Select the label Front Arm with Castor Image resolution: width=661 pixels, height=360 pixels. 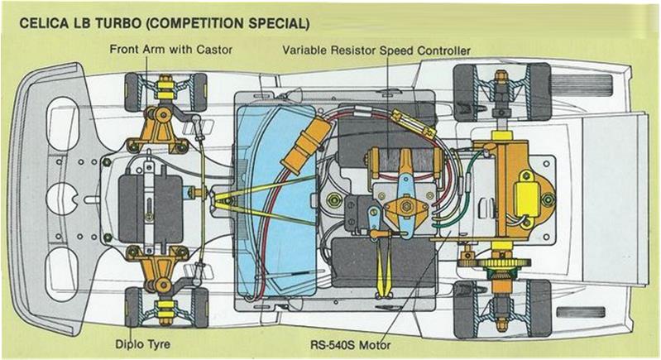pyautogui.click(x=170, y=50)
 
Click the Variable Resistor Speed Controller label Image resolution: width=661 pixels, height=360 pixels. pyautogui.click(x=376, y=50)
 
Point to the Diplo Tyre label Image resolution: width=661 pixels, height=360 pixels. pyautogui.click(x=143, y=344)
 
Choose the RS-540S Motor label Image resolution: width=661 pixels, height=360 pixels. pyautogui.click(x=350, y=345)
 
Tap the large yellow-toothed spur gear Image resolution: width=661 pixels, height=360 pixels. pyautogui.click(x=502, y=263)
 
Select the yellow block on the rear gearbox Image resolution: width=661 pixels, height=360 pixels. pyautogui.click(x=527, y=199)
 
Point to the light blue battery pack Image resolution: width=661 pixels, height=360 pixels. pyautogui.click(x=276, y=200)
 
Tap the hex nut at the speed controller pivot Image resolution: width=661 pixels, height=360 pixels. pyautogui.click(x=406, y=206)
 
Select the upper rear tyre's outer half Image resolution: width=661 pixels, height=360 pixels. pyautogui.click(x=539, y=92)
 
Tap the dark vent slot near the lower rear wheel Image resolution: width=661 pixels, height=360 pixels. pyautogui.click(x=581, y=312)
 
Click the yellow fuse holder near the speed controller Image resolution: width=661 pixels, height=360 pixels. pyautogui.click(x=413, y=123)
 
